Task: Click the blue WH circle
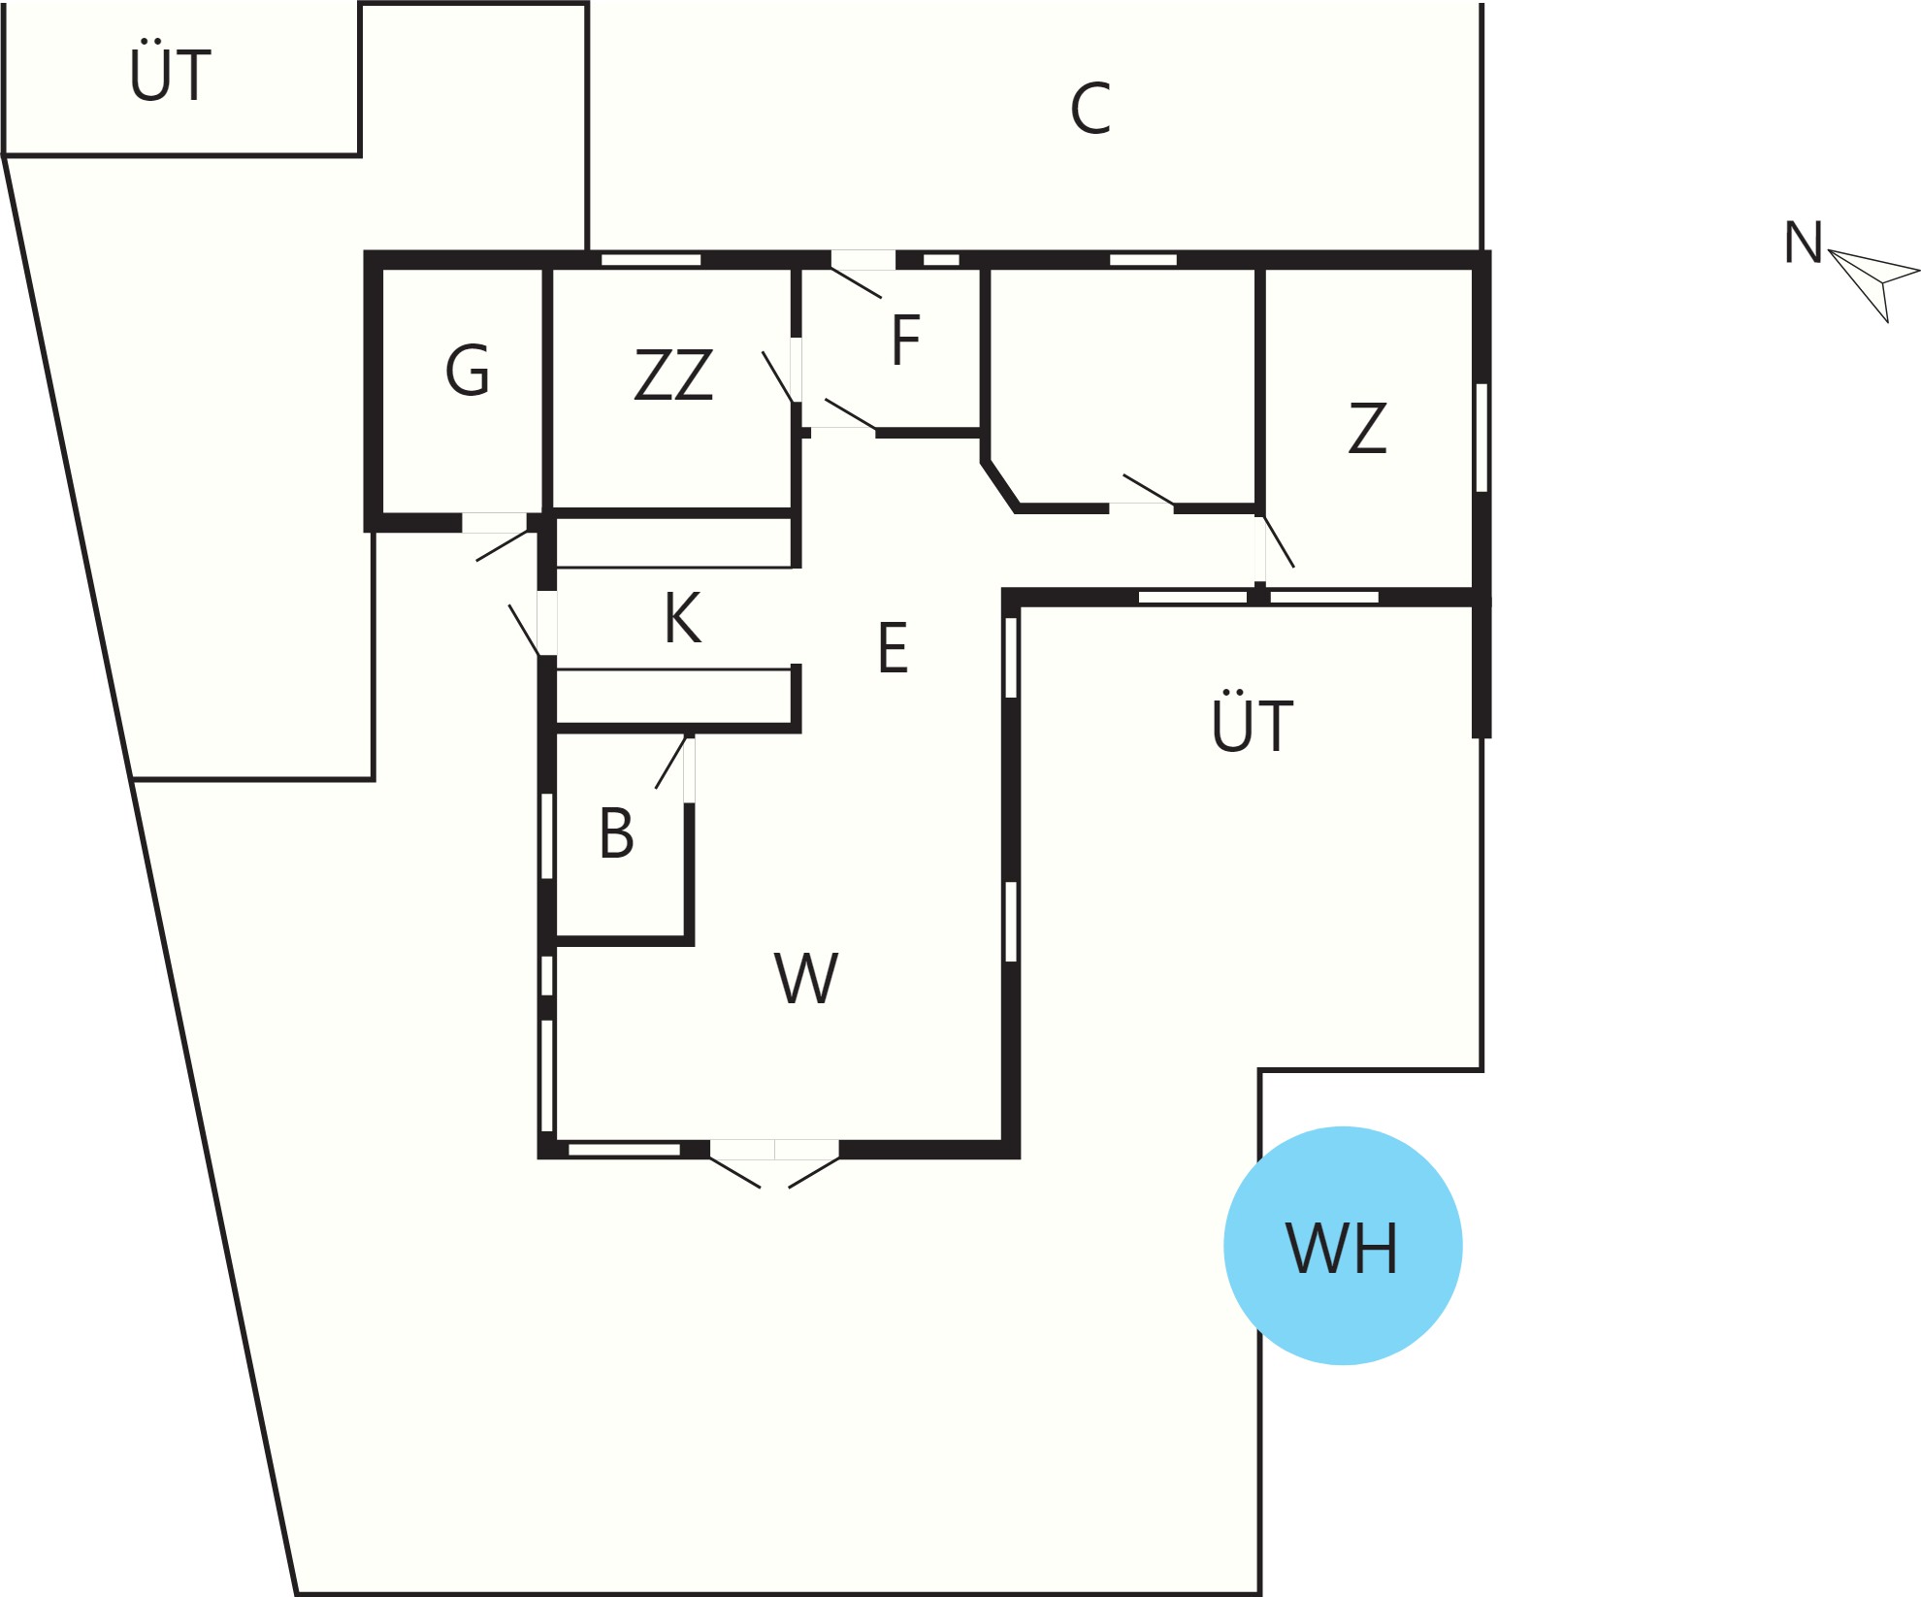[1343, 1246]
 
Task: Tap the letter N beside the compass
[1804, 243]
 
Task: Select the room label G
[468, 371]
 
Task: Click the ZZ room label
[673, 375]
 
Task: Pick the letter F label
[905, 341]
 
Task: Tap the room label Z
[1368, 428]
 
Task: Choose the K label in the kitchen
[682, 618]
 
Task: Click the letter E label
[893, 648]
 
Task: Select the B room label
[616, 833]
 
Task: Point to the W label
[806, 978]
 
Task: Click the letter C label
[1091, 109]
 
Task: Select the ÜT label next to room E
[1253, 722]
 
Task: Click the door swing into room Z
[1279, 541]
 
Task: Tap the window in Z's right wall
[1481, 438]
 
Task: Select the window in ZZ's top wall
[651, 260]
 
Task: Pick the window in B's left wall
[547, 836]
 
